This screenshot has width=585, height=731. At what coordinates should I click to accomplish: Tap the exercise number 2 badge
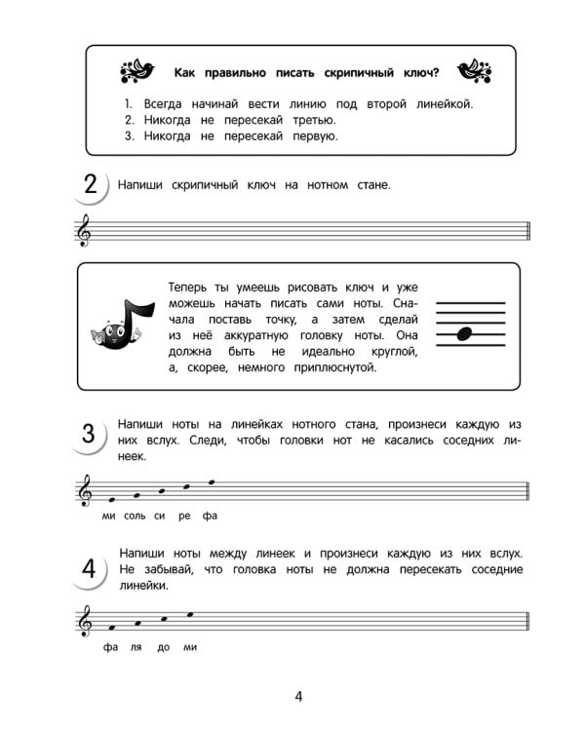click(90, 186)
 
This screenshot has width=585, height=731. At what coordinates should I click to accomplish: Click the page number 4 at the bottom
click(299, 696)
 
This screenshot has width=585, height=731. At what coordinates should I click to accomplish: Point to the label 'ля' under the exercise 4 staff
click(136, 646)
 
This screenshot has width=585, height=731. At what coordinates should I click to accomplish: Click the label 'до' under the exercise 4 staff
click(163, 646)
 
